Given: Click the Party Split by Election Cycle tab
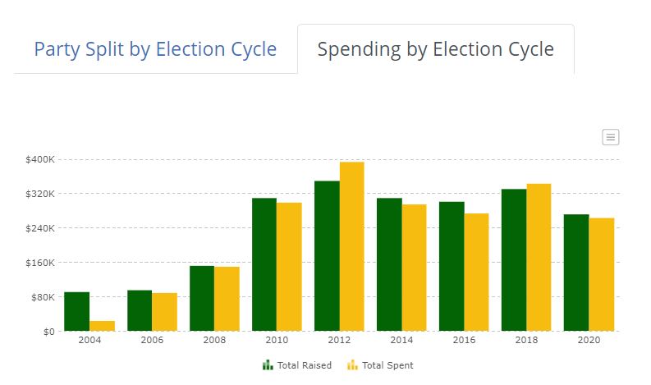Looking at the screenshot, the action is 155,49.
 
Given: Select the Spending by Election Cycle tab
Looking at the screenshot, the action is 436,49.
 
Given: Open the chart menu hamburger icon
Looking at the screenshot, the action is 610,137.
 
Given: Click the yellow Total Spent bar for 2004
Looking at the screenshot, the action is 102,326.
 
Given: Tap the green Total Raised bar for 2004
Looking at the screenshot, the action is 77,311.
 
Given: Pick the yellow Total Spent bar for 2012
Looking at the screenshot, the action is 352,246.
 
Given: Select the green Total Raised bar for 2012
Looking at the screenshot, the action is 328,256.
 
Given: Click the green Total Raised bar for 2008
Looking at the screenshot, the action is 202,299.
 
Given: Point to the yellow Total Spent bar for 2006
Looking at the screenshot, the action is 164,312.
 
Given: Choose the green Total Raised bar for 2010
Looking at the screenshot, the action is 264,264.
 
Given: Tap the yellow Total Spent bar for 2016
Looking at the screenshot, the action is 477,272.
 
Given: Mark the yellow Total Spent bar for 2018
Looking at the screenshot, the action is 539,258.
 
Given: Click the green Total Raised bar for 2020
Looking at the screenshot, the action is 576,273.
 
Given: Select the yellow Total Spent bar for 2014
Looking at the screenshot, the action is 415,268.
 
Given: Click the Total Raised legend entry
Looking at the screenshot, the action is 297,365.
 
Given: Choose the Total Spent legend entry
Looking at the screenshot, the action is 380,365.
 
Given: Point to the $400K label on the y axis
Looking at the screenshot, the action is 40,159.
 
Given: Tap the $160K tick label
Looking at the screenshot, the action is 40,263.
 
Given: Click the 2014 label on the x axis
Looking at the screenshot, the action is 401,340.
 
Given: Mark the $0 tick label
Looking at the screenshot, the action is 49,332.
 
